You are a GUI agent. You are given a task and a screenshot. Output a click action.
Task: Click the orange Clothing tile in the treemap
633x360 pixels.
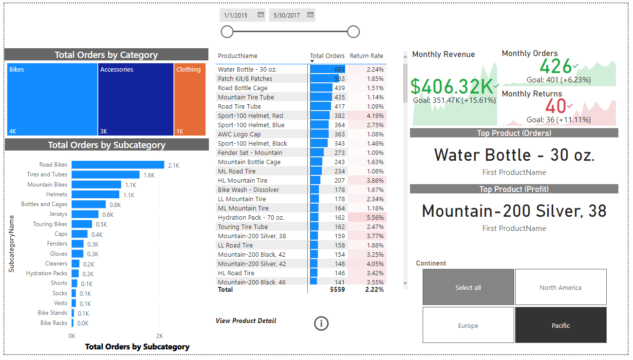click(190, 99)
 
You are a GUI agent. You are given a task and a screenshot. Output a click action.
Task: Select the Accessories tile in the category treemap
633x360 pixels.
click(136, 99)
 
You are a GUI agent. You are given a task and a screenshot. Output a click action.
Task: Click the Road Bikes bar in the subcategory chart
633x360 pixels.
click(118, 165)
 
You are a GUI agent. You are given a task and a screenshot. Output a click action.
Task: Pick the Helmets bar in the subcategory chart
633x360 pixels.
click(96, 194)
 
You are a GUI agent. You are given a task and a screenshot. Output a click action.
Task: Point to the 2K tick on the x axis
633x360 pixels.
click(159, 336)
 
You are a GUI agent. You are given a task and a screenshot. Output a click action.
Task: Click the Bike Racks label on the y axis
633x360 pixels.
click(54, 323)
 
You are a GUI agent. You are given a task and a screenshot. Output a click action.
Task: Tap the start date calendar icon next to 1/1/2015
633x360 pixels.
click(261, 15)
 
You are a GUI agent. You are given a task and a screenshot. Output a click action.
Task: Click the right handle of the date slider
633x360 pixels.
click(354, 32)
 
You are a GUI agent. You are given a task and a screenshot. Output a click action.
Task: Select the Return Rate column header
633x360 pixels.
click(366, 56)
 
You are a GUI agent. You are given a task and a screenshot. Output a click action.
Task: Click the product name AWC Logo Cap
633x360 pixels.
click(239, 134)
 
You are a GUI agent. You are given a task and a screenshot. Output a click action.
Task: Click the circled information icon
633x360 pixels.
click(321, 323)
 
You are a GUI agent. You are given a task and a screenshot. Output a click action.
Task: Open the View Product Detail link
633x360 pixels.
click(246, 321)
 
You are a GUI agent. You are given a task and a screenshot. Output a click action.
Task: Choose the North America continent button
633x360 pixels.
click(560, 287)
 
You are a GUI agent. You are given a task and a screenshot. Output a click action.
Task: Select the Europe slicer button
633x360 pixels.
click(468, 325)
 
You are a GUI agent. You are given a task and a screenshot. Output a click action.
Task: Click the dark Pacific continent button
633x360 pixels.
click(560, 325)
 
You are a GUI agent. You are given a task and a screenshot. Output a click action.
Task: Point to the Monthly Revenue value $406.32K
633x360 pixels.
click(452, 86)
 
